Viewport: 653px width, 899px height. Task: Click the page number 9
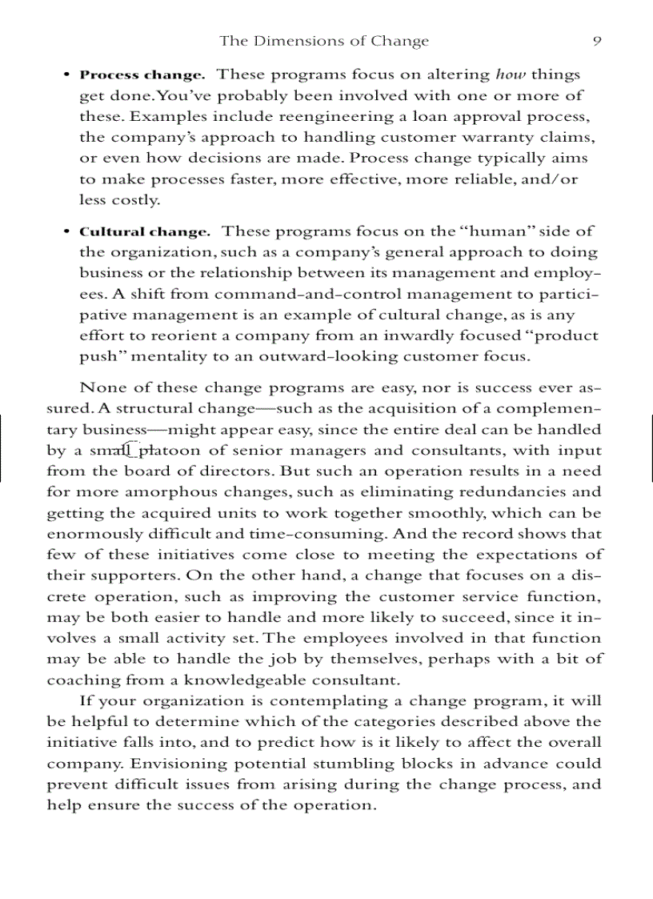pos(597,41)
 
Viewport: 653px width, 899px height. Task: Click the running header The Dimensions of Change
pos(324,41)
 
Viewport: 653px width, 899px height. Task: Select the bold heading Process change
pos(142,75)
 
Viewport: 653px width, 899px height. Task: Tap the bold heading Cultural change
pos(145,232)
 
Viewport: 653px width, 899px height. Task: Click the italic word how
pos(511,74)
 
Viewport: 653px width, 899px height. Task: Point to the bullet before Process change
pos(66,75)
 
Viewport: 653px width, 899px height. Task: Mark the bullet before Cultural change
pos(66,232)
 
